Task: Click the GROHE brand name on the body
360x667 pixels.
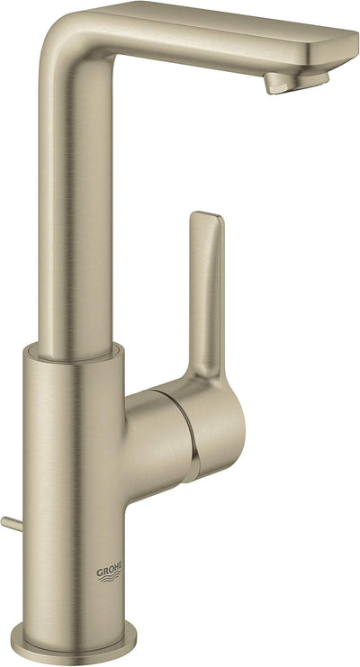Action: [109, 568]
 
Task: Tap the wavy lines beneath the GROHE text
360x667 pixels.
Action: [110, 578]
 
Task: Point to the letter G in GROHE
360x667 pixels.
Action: [99, 572]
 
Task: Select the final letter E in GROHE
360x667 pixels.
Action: [120, 565]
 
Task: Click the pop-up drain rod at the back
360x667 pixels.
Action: [12, 524]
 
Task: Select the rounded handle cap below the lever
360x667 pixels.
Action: [217, 429]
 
